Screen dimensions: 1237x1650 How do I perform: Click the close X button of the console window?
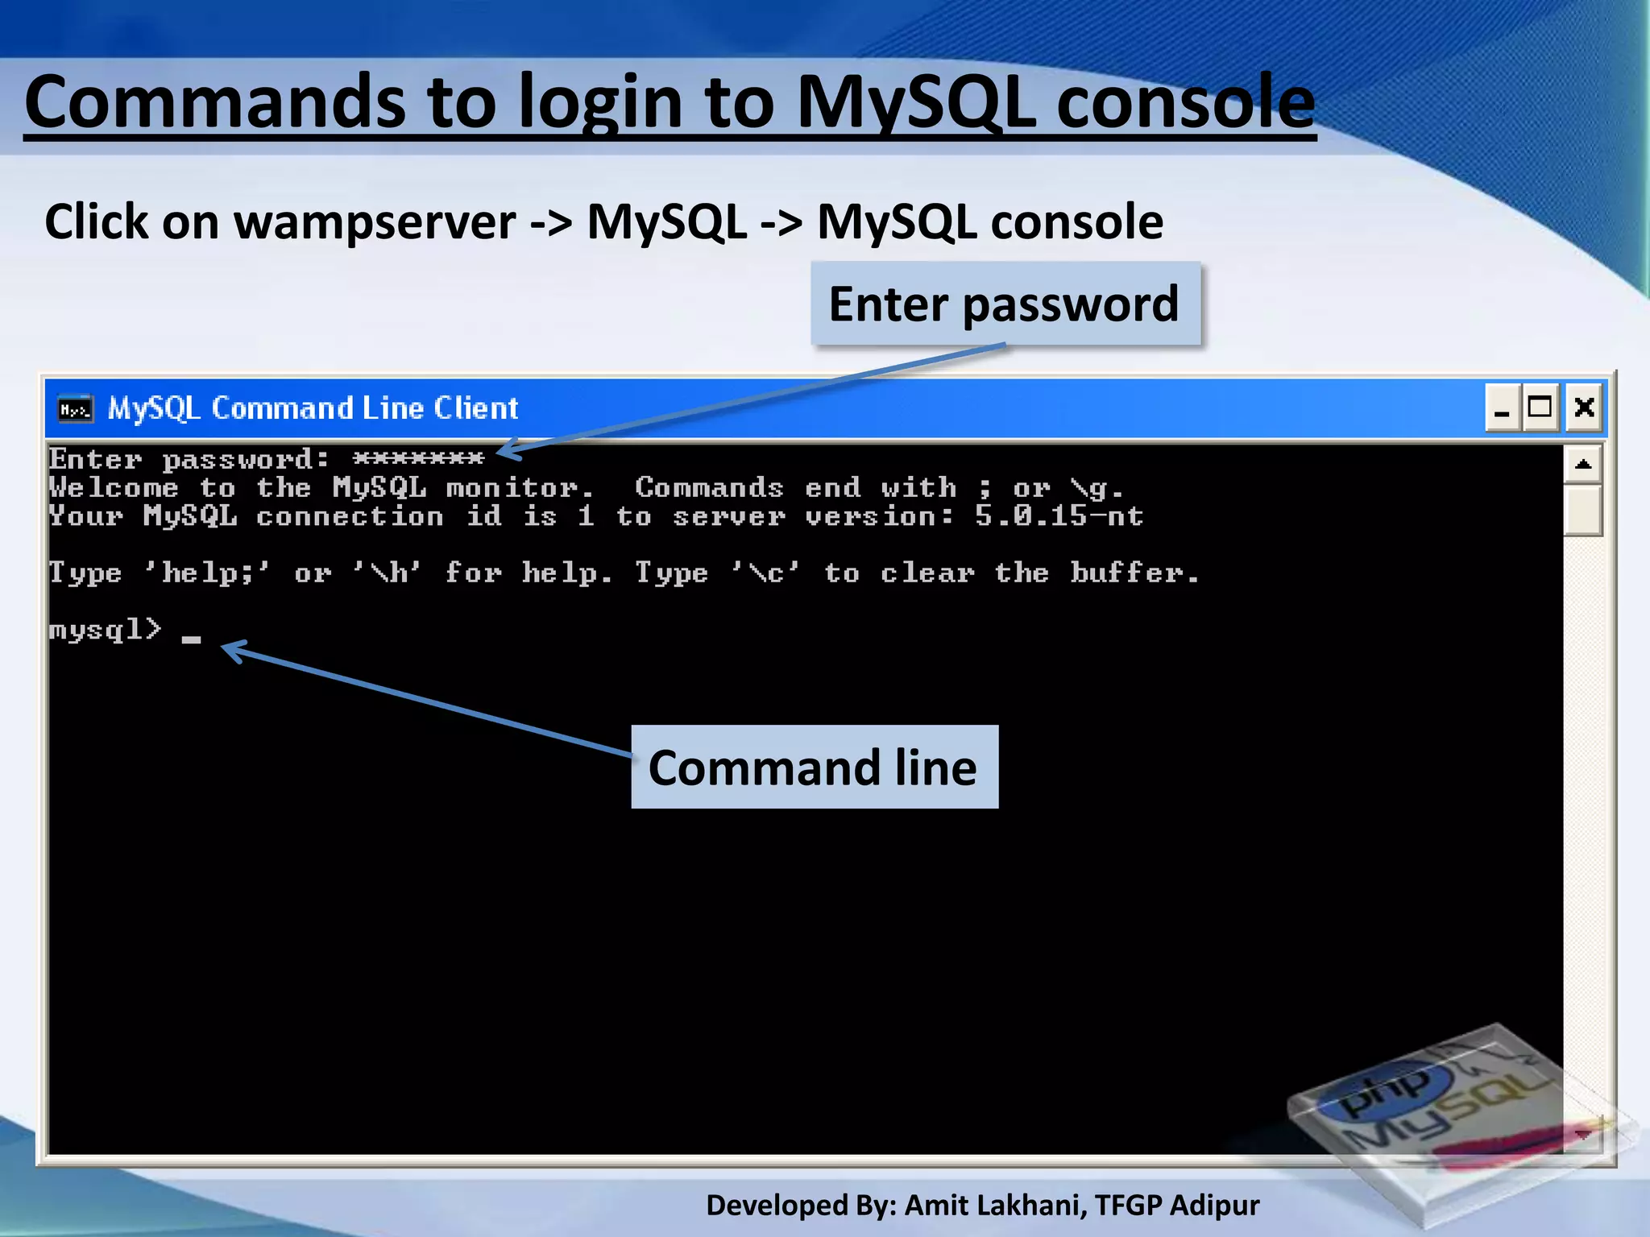1584,408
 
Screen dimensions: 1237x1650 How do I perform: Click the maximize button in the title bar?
1540,408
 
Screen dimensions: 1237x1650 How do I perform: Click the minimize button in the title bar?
1503,408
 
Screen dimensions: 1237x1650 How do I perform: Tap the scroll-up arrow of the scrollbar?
1583,464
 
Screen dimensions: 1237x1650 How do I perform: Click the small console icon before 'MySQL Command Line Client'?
76,409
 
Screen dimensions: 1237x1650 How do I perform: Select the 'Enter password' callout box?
1004,304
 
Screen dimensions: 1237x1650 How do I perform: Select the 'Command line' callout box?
814,767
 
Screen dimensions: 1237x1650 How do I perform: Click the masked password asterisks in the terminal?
418,459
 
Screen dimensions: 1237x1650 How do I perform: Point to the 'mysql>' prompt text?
105,629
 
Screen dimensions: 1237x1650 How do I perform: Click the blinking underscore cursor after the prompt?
191,639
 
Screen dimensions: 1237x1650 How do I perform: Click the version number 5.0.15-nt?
1058,516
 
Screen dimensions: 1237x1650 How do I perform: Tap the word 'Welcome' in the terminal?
113,488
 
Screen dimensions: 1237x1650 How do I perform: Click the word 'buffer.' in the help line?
1134,573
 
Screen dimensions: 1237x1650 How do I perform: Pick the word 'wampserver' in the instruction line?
374,222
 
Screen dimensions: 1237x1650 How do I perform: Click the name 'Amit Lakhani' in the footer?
995,1206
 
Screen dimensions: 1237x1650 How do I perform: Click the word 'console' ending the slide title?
1185,102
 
